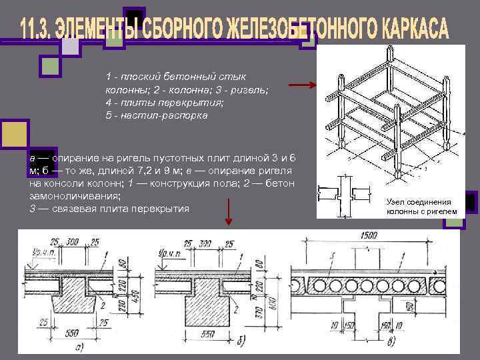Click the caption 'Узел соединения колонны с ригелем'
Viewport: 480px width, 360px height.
pyautogui.click(x=422, y=207)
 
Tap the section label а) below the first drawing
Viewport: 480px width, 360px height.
pyautogui.click(x=79, y=346)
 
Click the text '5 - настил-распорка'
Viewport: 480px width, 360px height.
pyautogui.click(x=156, y=115)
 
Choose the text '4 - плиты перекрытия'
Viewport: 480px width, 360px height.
pyautogui.click(x=164, y=103)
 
